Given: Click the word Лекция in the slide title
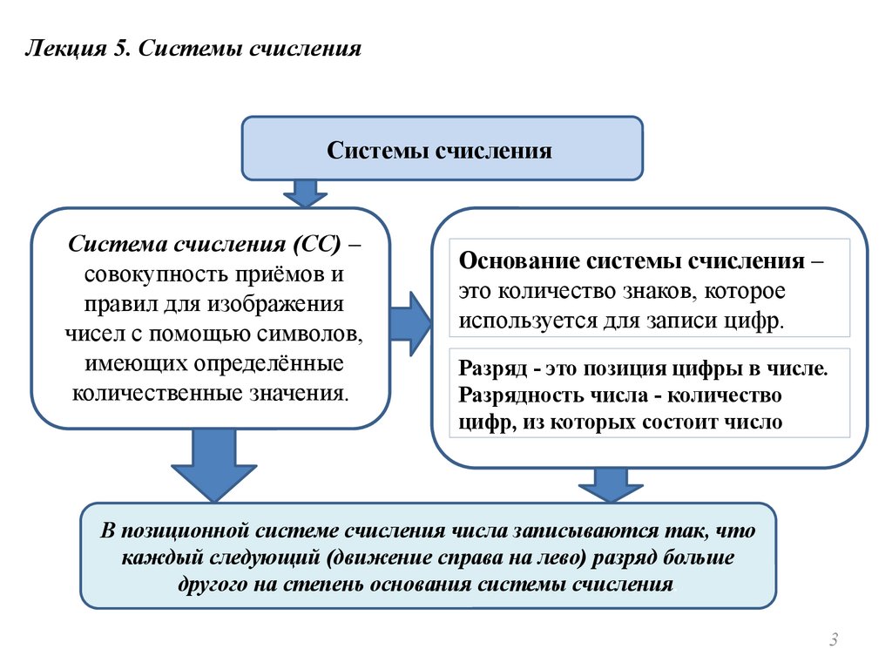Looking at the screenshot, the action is (x=66, y=50).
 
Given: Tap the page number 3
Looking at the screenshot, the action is (x=834, y=639).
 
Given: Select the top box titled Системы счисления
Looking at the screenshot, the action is (x=442, y=148).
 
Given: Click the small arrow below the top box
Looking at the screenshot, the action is (x=305, y=193).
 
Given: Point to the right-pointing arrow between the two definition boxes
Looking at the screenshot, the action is (x=411, y=324).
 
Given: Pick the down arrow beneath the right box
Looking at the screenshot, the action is (x=611, y=484).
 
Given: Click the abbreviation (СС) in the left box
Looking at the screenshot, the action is (x=317, y=244).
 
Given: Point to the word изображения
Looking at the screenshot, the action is (x=275, y=304).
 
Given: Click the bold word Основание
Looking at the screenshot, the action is (x=519, y=261).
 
